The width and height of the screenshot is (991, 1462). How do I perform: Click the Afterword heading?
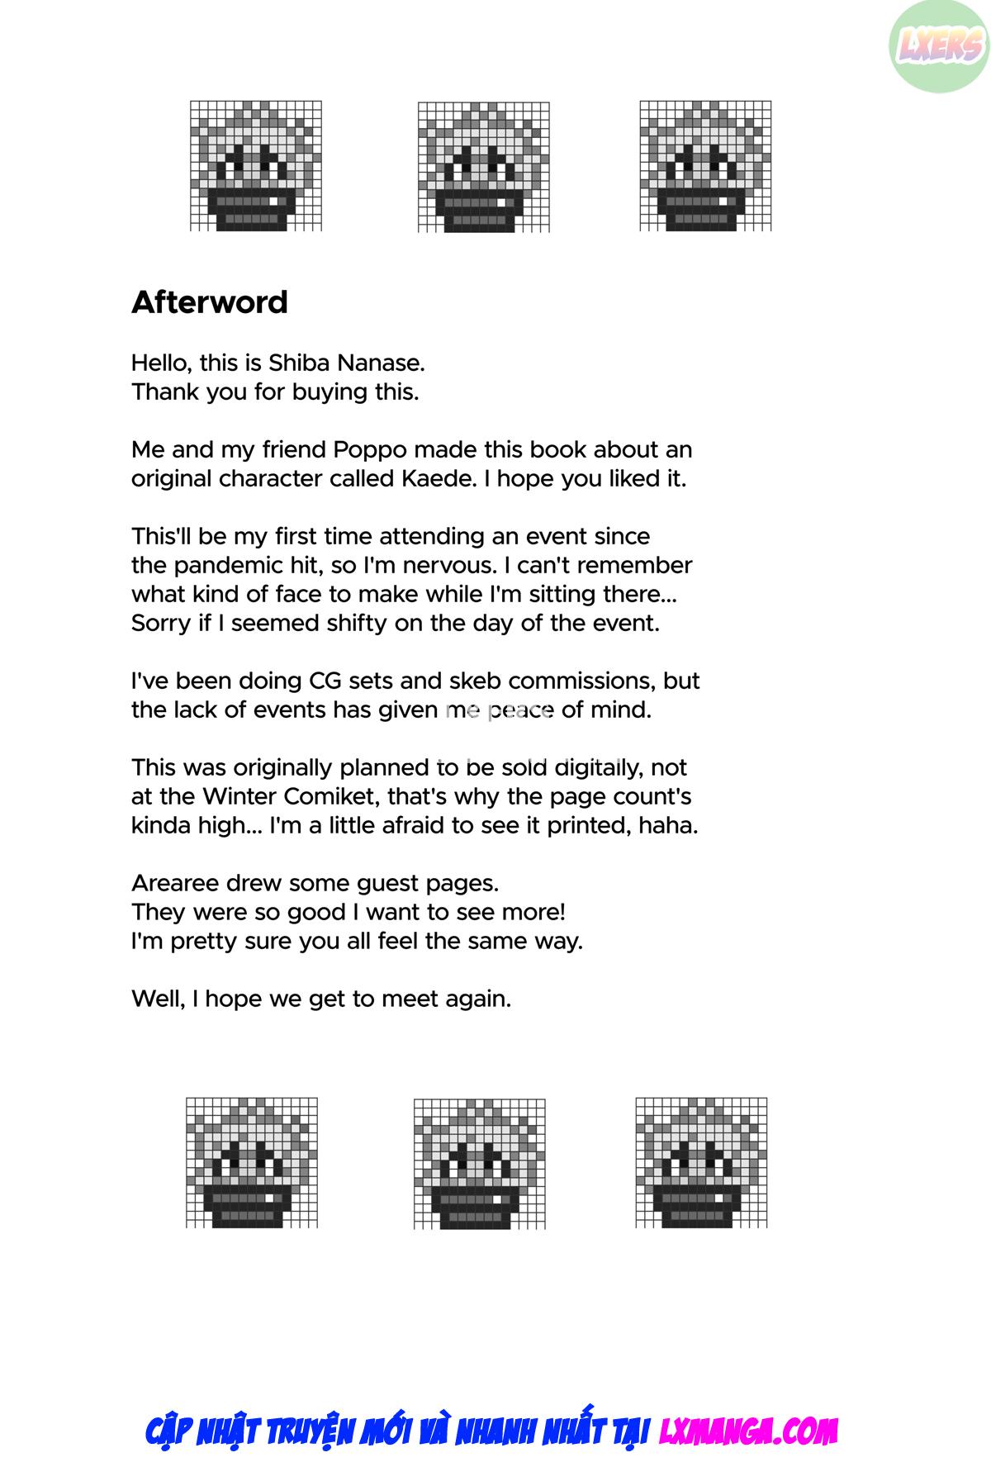coord(210,302)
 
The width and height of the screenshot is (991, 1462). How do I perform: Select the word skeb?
coord(476,681)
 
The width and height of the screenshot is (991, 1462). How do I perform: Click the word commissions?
coord(582,681)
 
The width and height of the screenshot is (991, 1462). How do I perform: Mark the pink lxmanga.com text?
coord(748,1431)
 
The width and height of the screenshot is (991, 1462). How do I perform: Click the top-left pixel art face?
coord(256,166)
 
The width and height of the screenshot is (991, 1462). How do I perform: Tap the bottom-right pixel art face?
coord(701,1162)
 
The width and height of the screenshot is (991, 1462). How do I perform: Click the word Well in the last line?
coord(155,999)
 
